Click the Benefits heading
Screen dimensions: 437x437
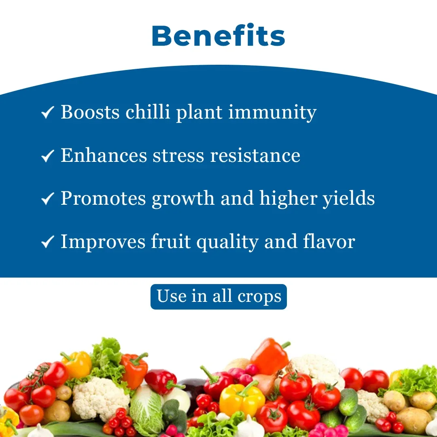(x=218, y=35)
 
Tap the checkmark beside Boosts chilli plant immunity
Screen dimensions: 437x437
(x=47, y=112)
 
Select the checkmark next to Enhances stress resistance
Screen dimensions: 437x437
(x=47, y=155)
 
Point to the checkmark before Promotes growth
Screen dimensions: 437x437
(x=47, y=198)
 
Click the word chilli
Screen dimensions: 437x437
(x=148, y=112)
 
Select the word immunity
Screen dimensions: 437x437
(x=273, y=113)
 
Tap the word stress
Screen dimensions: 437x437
(x=178, y=155)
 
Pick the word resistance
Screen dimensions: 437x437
(x=255, y=155)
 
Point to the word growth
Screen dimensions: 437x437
(x=183, y=199)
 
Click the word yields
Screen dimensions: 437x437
(x=349, y=198)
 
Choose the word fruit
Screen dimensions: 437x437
(x=171, y=241)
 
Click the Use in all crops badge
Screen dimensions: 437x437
(x=218, y=297)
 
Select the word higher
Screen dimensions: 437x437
(x=289, y=199)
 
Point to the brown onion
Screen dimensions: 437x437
(x=266, y=382)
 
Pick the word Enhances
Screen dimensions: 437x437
(x=104, y=155)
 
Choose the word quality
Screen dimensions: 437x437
(x=227, y=242)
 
